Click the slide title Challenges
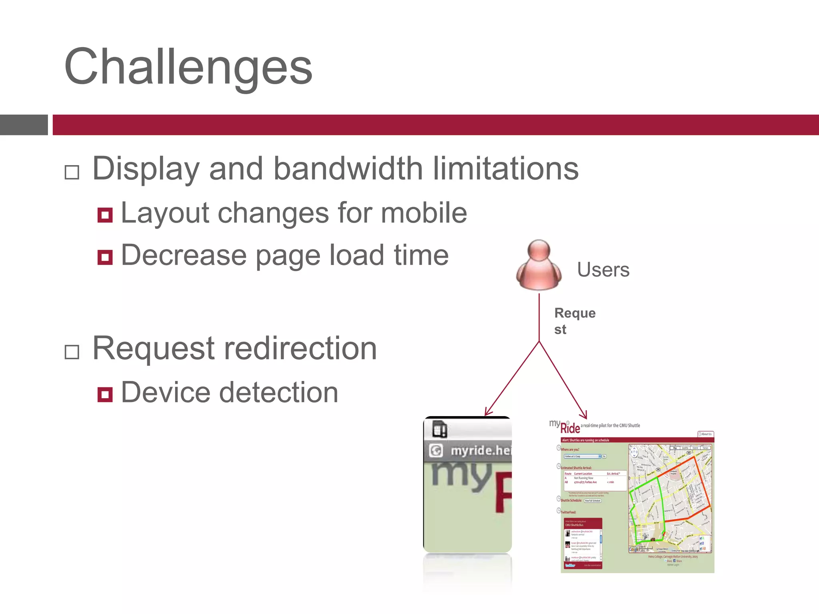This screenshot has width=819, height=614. pos(188,67)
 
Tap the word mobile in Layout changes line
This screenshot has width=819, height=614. pos(424,213)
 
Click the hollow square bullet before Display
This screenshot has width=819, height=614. pos(72,173)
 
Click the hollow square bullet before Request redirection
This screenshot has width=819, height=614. pos(72,352)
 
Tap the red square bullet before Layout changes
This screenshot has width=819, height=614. pos(105,215)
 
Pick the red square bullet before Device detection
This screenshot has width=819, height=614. pos(105,395)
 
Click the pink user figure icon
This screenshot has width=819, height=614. pos(539,265)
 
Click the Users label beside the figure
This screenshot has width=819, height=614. pos(603,270)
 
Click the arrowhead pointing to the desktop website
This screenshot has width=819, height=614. pos(584,415)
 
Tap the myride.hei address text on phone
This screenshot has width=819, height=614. pos(480,451)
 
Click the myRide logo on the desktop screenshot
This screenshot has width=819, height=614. pos(565,427)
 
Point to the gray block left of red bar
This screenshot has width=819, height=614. pos(24,125)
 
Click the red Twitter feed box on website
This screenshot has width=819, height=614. pos(583,543)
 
